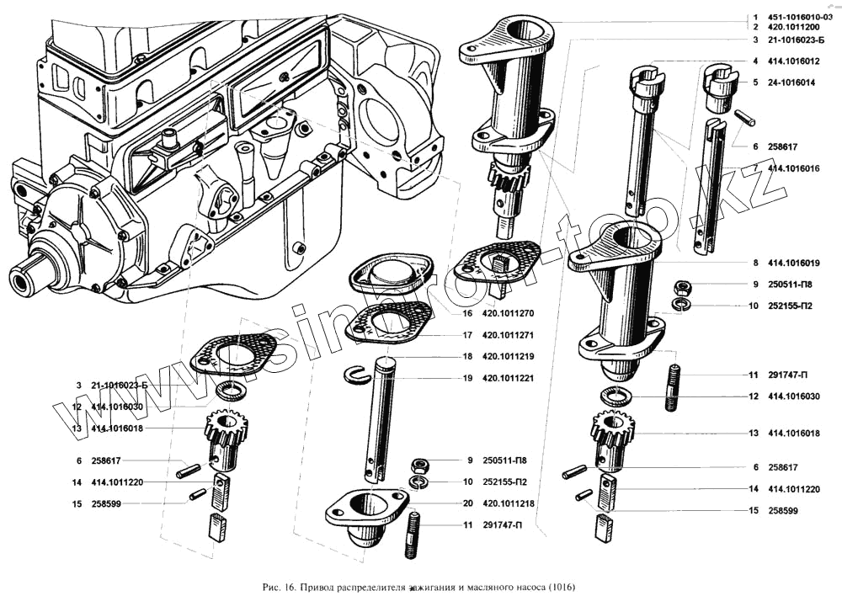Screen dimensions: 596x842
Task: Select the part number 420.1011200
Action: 793,28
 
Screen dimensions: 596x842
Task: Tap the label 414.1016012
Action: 793,61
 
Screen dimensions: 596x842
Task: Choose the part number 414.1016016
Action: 793,168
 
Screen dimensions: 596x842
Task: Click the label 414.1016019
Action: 793,263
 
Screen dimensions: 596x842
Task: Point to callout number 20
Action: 466,503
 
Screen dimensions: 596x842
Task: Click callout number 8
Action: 756,263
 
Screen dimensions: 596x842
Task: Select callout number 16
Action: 466,313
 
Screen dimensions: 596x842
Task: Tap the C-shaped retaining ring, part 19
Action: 357,375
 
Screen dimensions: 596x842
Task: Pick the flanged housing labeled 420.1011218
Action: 367,518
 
